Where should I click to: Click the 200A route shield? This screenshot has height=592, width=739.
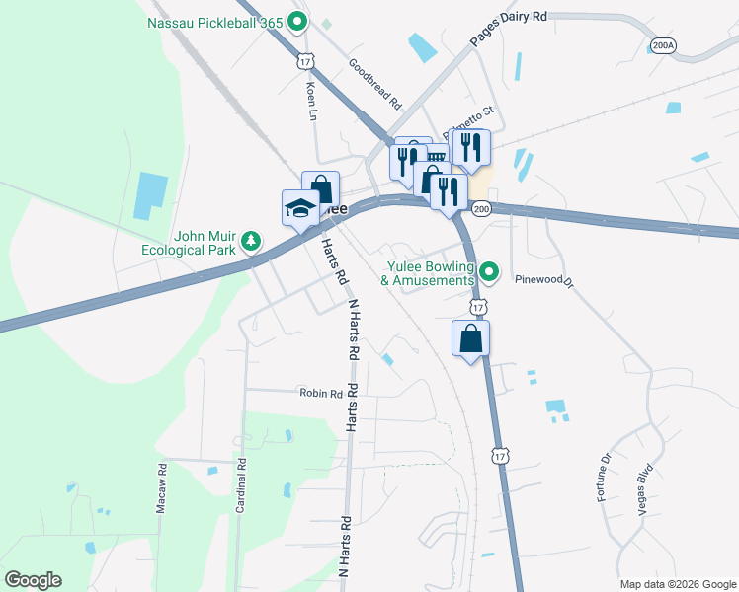(x=663, y=45)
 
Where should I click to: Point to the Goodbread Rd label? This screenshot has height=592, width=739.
(x=376, y=83)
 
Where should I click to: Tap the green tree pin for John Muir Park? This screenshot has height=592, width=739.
(x=252, y=240)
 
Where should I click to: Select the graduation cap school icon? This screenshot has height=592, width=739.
(x=300, y=208)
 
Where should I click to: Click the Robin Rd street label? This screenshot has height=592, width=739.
(x=321, y=393)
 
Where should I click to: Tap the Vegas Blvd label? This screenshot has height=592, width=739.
(x=646, y=485)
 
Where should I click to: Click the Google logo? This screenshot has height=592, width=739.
(x=33, y=580)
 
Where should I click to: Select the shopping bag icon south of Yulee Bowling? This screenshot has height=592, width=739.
(x=471, y=338)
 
